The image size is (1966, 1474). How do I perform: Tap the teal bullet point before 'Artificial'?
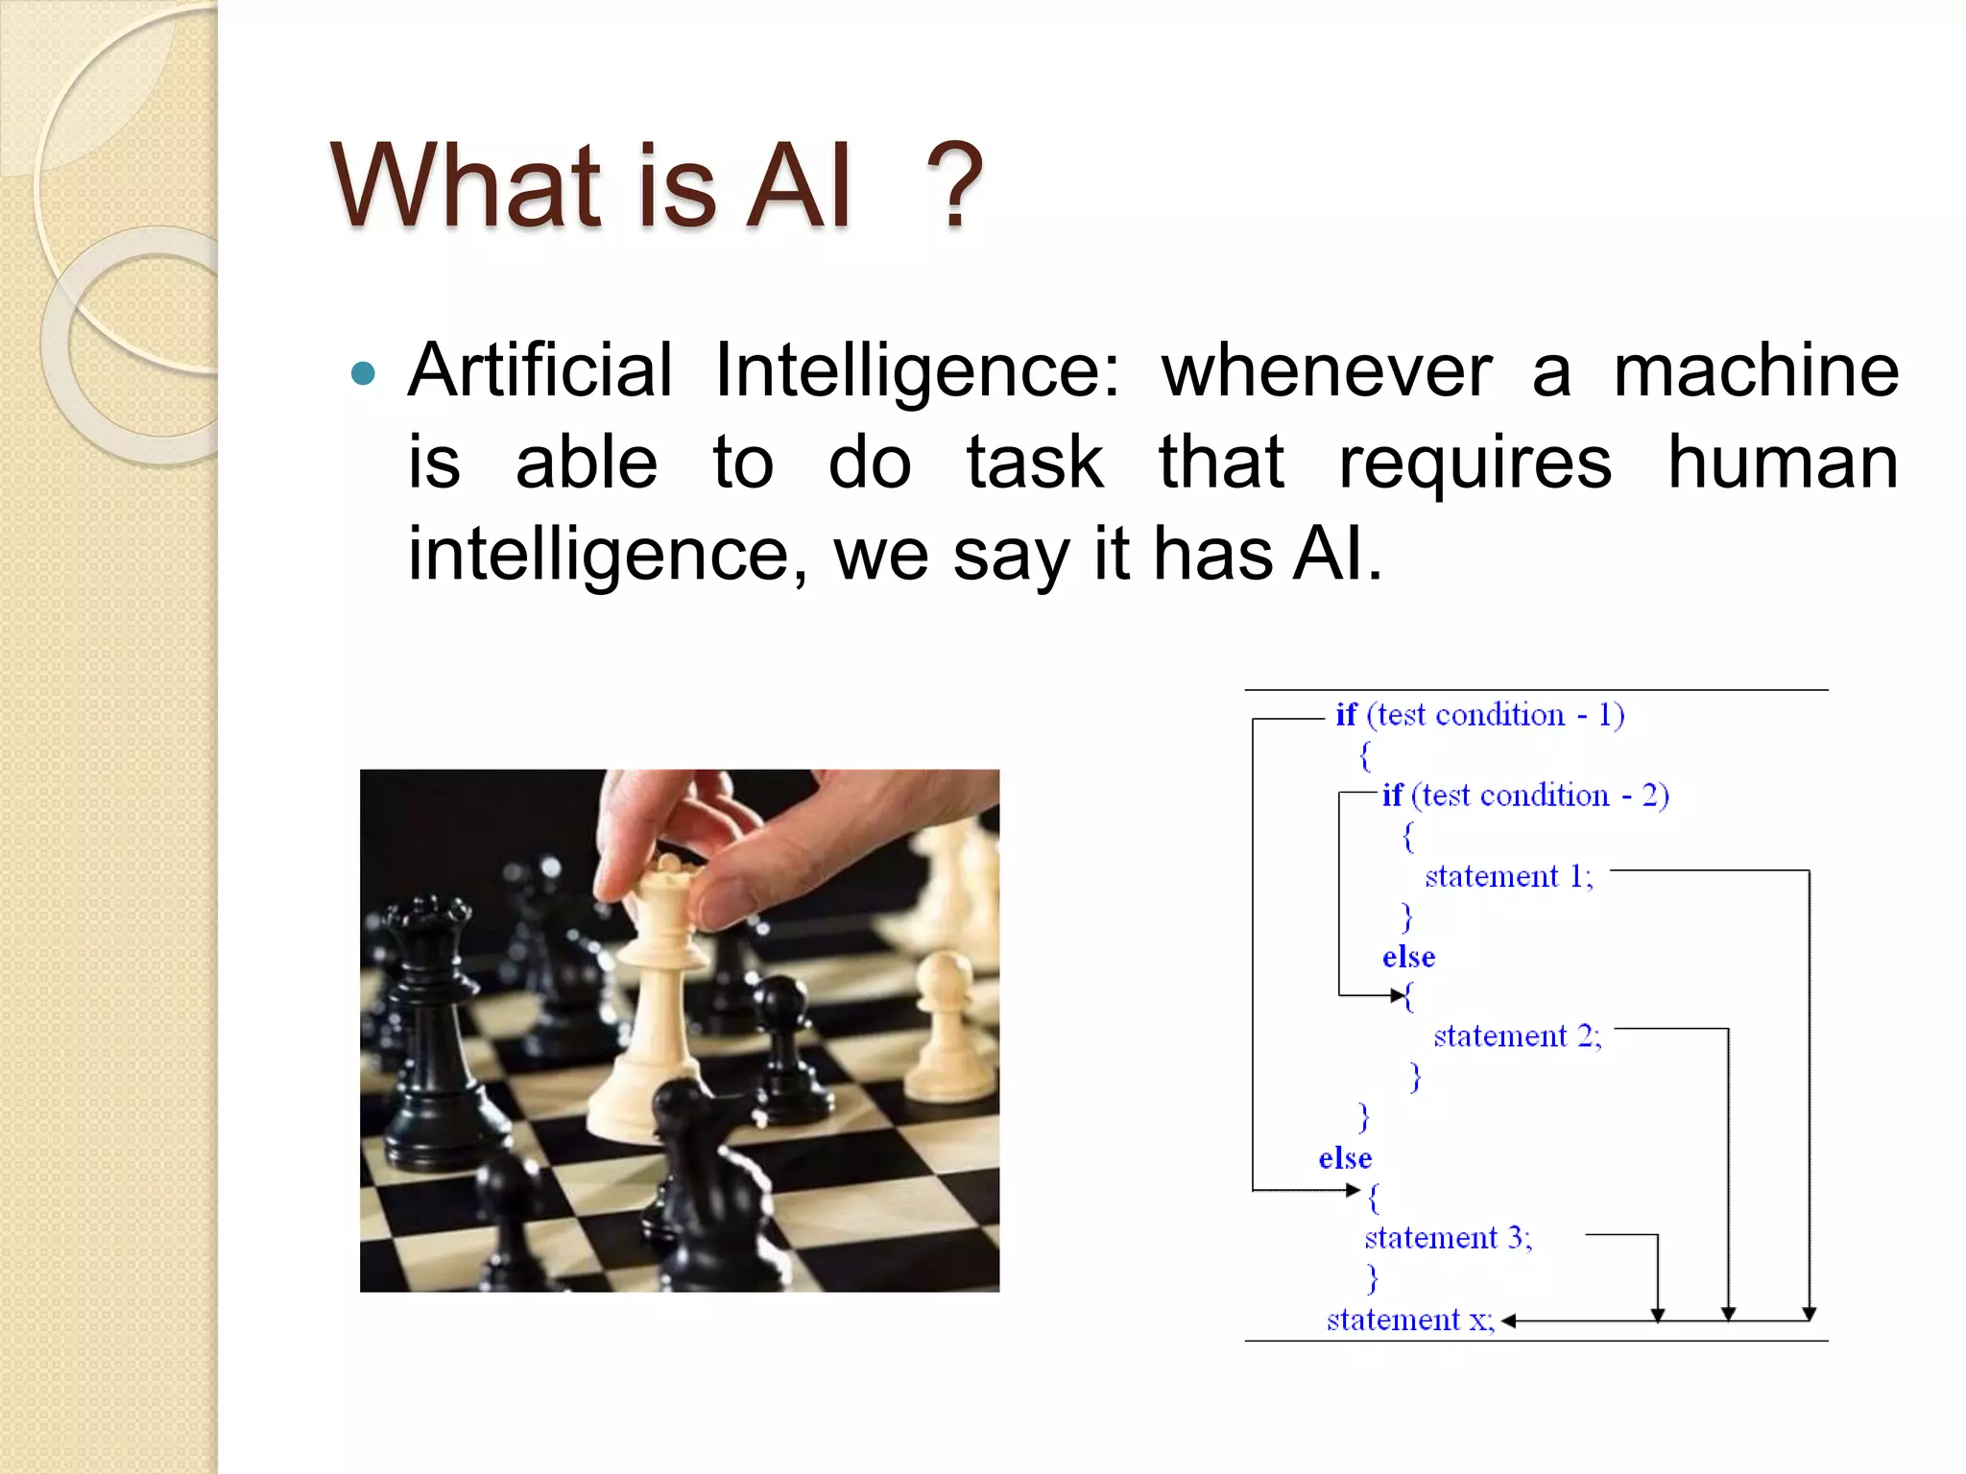pos(364,373)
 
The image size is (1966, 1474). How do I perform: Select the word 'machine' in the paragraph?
pos(1755,370)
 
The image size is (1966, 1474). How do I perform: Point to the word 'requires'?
pos(1474,463)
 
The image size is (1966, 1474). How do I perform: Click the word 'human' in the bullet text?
pos(1782,463)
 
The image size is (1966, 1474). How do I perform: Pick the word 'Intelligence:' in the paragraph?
pos(917,372)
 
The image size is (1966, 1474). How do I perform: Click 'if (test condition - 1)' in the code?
pos(1479,715)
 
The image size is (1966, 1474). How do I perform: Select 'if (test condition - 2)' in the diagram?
pos(1524,796)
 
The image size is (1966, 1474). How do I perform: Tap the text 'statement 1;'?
pos(1508,876)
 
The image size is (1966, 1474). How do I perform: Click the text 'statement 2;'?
pos(1517,1036)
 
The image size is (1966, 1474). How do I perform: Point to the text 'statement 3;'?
pos(1448,1238)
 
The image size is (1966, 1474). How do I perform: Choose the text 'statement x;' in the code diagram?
pos(1409,1320)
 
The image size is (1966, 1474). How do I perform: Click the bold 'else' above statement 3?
pos(1345,1158)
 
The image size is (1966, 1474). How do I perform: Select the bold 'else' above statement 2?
pos(1408,957)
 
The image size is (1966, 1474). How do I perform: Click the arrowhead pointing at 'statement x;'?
pos(1508,1321)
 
